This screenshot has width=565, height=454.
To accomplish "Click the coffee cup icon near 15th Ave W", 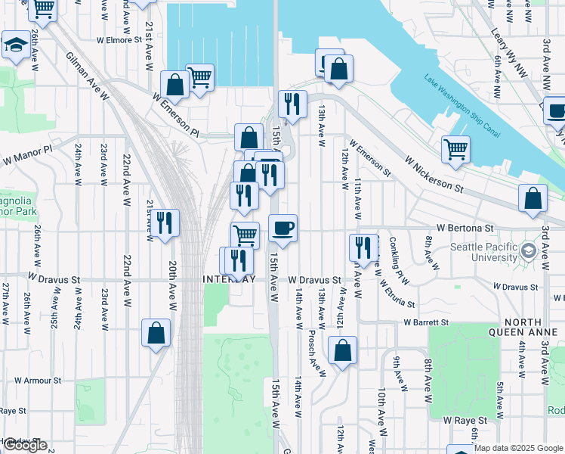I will click(x=283, y=228).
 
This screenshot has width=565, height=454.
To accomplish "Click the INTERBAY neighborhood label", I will click(x=230, y=279).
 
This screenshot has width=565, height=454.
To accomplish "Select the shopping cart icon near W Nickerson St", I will click(x=455, y=148).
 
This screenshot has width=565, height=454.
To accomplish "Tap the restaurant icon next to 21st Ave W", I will click(x=164, y=222).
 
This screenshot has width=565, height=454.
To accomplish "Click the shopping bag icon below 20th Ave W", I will click(x=156, y=332).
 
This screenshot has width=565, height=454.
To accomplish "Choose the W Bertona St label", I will click(x=464, y=227).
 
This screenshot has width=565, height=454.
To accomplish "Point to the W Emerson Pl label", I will click(x=175, y=115).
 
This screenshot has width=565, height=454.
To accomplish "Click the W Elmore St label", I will click(x=119, y=40).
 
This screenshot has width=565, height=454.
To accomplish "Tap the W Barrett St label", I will click(x=426, y=322).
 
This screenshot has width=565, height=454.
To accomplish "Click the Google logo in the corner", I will click(x=25, y=445).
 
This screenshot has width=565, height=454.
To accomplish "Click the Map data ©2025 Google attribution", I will click(x=518, y=448).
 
